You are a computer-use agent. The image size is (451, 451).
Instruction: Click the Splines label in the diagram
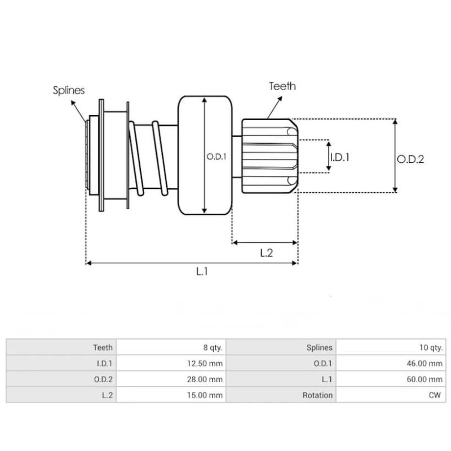pos(69,90)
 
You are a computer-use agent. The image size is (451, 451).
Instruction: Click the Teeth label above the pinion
pos(282,86)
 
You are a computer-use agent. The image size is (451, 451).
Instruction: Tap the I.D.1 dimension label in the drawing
pos(339,158)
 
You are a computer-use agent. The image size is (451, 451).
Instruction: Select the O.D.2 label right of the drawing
pos(410,160)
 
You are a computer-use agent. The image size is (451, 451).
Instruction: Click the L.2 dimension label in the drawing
pos(266,253)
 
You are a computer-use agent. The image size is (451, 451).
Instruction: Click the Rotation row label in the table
pos(317,395)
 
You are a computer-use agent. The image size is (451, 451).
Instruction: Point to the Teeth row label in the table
pos(103,348)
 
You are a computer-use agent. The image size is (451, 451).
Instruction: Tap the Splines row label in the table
pos(319,348)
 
